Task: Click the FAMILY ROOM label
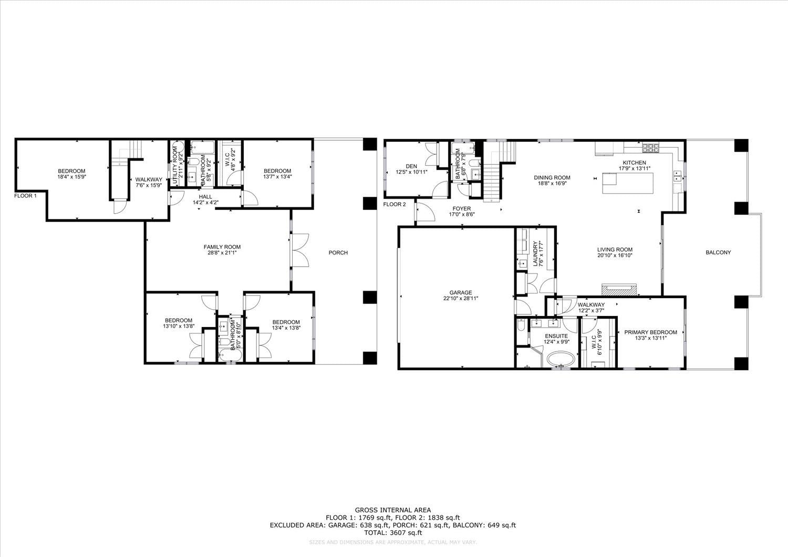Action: [222, 247]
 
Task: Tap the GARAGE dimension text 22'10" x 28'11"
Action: [461, 298]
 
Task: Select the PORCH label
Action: [338, 253]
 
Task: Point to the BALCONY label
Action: [718, 252]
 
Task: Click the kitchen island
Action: [628, 183]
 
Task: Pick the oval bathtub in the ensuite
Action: [561, 360]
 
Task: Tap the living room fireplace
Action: [619, 289]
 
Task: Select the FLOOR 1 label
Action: [25, 195]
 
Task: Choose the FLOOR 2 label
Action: [395, 204]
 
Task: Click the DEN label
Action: [411, 166]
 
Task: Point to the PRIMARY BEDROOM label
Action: [650, 332]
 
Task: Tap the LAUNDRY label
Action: [535, 253]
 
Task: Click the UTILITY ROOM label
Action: [175, 162]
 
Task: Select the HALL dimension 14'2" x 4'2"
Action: [205, 202]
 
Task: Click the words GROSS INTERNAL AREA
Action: [392, 510]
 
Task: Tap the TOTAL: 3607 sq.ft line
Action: [392, 532]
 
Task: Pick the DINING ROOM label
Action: [552, 177]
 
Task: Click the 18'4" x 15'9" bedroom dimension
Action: [72, 177]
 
